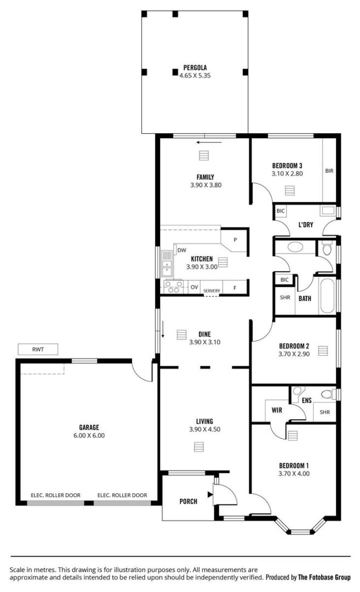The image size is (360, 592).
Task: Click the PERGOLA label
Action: tap(195, 67)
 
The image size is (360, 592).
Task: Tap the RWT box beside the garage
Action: tap(38, 349)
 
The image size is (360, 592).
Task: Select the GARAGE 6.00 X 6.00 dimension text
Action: tap(89, 435)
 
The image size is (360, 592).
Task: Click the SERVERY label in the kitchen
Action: tap(212, 291)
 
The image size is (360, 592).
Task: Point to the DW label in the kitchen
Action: tap(182, 250)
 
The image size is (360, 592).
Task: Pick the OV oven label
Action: tap(195, 287)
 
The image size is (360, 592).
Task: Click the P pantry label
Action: tap(235, 240)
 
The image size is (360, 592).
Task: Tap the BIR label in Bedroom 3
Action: tap(329, 170)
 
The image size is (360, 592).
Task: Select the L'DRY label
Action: tap(306, 225)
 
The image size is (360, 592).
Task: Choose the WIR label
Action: tap(277, 410)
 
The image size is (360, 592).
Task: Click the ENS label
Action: tap(307, 400)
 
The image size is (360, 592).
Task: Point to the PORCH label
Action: tap(188, 502)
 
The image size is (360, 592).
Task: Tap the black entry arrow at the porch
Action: tap(210, 494)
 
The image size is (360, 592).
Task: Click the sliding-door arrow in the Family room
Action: tap(209, 143)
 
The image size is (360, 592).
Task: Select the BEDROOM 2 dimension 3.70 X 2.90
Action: tap(294, 354)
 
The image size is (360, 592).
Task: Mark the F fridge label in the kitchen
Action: tap(235, 288)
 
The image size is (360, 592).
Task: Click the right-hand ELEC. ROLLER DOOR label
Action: tap(122, 495)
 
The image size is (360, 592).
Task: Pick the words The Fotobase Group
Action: tap(324, 577)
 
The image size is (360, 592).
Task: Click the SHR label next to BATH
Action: tap(285, 298)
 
